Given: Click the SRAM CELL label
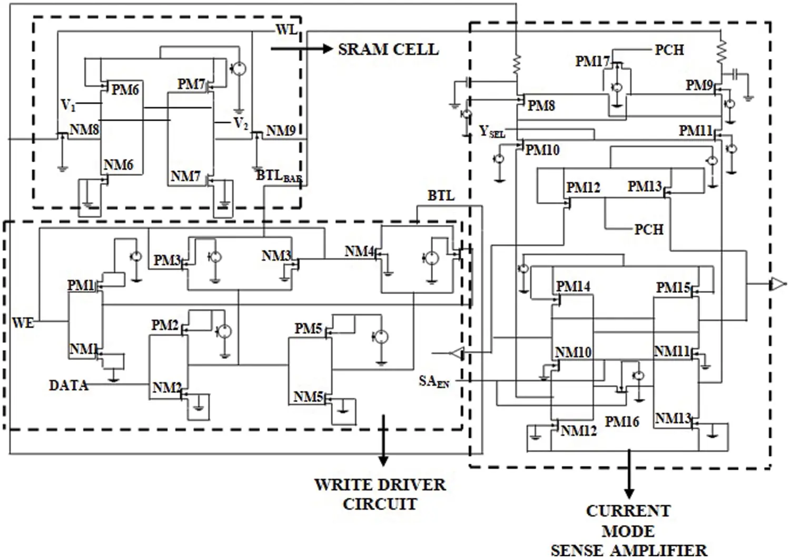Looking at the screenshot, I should coord(388,50).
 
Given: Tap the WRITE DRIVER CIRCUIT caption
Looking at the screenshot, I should coord(380,494).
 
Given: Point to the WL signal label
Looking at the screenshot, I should coord(287,30).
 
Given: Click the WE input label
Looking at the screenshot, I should coord(23,322).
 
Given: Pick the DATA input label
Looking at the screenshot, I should coord(68,386).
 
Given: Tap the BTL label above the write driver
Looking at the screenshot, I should coord(441,196).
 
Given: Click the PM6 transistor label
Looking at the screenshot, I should coord(125,90).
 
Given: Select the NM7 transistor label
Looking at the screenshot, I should coord(185,176).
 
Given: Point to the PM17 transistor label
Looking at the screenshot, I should coord(592,62).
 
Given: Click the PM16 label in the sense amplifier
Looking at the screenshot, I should coord(621,421).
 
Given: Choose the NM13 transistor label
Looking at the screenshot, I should coord(673,419).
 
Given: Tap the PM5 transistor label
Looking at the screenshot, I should coord(308,329).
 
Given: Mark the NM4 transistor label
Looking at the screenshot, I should coord(359,252).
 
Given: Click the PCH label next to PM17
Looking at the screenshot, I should coord(669,50).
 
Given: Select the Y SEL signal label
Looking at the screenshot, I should coord(492,132).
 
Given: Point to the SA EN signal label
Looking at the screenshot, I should coord(434,381).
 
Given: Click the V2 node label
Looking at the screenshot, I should coord(241,124).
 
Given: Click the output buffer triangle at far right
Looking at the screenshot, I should coord(777,285).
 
